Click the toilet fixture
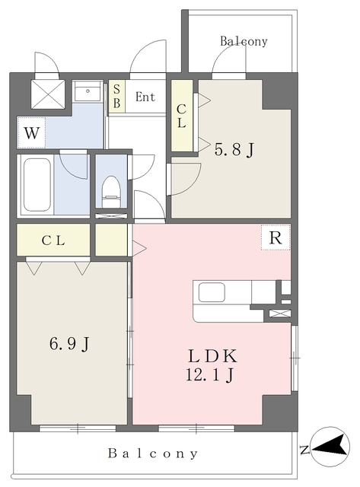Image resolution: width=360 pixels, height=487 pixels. [x=111, y=192]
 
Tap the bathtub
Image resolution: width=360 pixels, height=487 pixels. [x=37, y=185]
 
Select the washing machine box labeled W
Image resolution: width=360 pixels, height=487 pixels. [x=32, y=133]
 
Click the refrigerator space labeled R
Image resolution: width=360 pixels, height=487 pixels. [x=276, y=237]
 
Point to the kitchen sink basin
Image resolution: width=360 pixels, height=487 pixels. [x=212, y=292]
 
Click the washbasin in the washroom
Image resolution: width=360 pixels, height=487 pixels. [x=88, y=91]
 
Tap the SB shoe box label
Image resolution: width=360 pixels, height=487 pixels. [x=116, y=97]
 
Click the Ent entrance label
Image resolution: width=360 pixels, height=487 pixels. [x=145, y=97]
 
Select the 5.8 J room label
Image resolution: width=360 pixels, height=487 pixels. [x=234, y=149]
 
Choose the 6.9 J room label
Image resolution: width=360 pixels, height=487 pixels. [x=70, y=343]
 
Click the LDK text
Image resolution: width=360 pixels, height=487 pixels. [x=212, y=356]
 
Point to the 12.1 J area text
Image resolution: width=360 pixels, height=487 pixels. [x=209, y=374]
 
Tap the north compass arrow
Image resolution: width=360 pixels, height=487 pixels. [x=331, y=447]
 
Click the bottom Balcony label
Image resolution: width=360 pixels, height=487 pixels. [x=153, y=454]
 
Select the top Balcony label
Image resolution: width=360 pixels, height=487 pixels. [x=244, y=41]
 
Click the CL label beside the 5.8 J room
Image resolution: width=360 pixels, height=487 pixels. [x=181, y=116]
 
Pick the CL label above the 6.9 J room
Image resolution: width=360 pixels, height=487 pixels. [x=53, y=240]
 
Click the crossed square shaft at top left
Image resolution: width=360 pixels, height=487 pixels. [x=48, y=94]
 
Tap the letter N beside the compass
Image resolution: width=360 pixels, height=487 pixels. [x=304, y=450]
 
